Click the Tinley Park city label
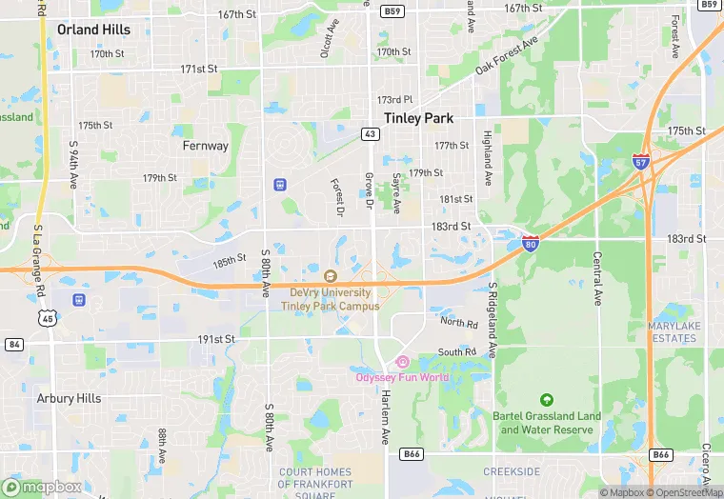coord(418,118)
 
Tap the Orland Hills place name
coord(93,30)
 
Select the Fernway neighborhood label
coord(206,146)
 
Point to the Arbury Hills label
coord(69,398)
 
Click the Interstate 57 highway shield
coord(641,162)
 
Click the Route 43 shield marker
coord(370,133)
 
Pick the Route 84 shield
coord(13,344)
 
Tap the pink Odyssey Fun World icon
coord(402,362)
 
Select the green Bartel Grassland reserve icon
coord(546,400)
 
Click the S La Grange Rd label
coord(39,260)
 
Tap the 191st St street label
coord(216,339)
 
